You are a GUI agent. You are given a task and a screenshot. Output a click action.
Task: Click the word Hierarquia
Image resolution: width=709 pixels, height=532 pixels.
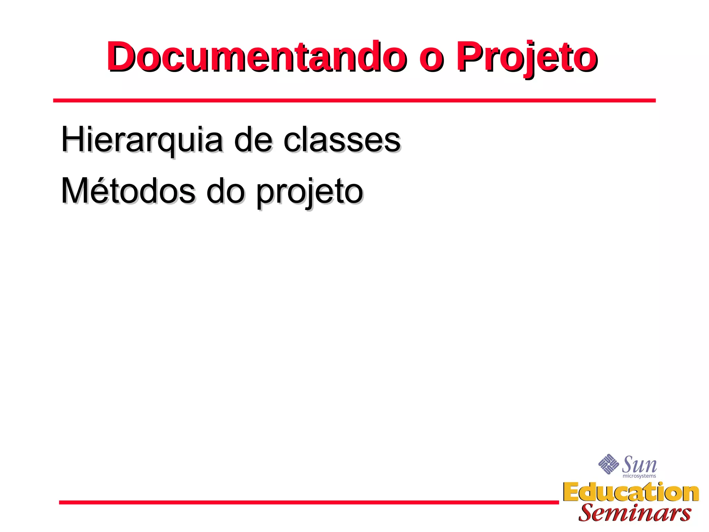tap(142, 140)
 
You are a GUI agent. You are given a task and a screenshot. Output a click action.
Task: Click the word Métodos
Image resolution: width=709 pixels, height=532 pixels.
tap(128, 192)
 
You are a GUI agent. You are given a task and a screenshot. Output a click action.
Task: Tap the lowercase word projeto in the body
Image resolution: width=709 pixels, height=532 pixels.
tap(309, 193)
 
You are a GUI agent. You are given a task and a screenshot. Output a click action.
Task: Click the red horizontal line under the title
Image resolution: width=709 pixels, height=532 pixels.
tap(354, 100)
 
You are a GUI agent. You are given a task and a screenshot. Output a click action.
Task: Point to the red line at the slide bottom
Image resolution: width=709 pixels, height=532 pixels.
tap(308, 502)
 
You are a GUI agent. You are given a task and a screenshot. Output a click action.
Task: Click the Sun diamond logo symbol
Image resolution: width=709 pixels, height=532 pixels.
tap(608, 464)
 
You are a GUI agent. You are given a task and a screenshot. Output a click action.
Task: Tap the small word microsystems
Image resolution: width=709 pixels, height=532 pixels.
tap(639, 476)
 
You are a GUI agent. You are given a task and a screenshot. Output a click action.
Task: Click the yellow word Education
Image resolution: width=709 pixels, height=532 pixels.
tap(631, 493)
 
